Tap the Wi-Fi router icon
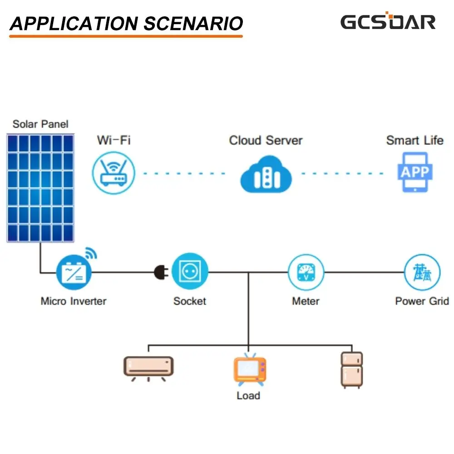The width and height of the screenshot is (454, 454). point(113,173)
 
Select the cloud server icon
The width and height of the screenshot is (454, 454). point(266,174)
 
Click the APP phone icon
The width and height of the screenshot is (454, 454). point(415,172)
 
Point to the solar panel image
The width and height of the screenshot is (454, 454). point(40,188)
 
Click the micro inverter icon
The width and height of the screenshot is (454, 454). point(74,272)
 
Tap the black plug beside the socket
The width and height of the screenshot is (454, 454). point(161,272)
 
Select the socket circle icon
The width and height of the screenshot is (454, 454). point(190,271)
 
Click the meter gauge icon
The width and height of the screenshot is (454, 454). point(306,272)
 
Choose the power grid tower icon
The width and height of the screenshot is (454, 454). point(422,272)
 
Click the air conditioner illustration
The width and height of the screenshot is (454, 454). point(148,369)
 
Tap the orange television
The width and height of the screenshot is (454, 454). point(250,370)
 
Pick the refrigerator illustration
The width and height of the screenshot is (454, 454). point(352,370)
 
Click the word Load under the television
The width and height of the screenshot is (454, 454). point(248,395)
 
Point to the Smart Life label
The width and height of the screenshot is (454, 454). point(415,140)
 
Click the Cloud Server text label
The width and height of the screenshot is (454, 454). point(266,140)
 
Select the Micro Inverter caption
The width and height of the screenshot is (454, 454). point(74,301)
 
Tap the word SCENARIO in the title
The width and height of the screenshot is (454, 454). point(193,24)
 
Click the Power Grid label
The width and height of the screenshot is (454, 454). point(422,301)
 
